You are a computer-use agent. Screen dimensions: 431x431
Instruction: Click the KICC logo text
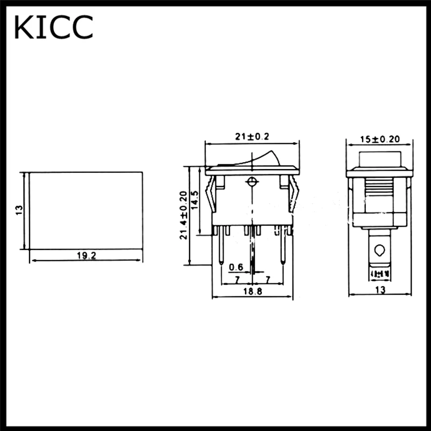click(x=54, y=27)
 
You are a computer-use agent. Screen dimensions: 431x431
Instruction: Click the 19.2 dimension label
click(x=86, y=256)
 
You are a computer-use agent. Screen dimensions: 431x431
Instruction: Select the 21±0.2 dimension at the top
click(x=251, y=137)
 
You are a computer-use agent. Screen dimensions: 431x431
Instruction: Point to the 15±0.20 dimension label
click(x=380, y=139)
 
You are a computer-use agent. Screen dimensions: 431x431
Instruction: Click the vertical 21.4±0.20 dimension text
click(x=184, y=215)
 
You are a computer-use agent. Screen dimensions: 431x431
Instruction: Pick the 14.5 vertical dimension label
click(x=195, y=200)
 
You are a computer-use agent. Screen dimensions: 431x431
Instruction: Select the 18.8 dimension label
click(x=252, y=291)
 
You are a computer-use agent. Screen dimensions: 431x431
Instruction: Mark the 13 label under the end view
click(x=380, y=290)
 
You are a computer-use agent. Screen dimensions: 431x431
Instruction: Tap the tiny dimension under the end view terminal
click(x=379, y=274)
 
